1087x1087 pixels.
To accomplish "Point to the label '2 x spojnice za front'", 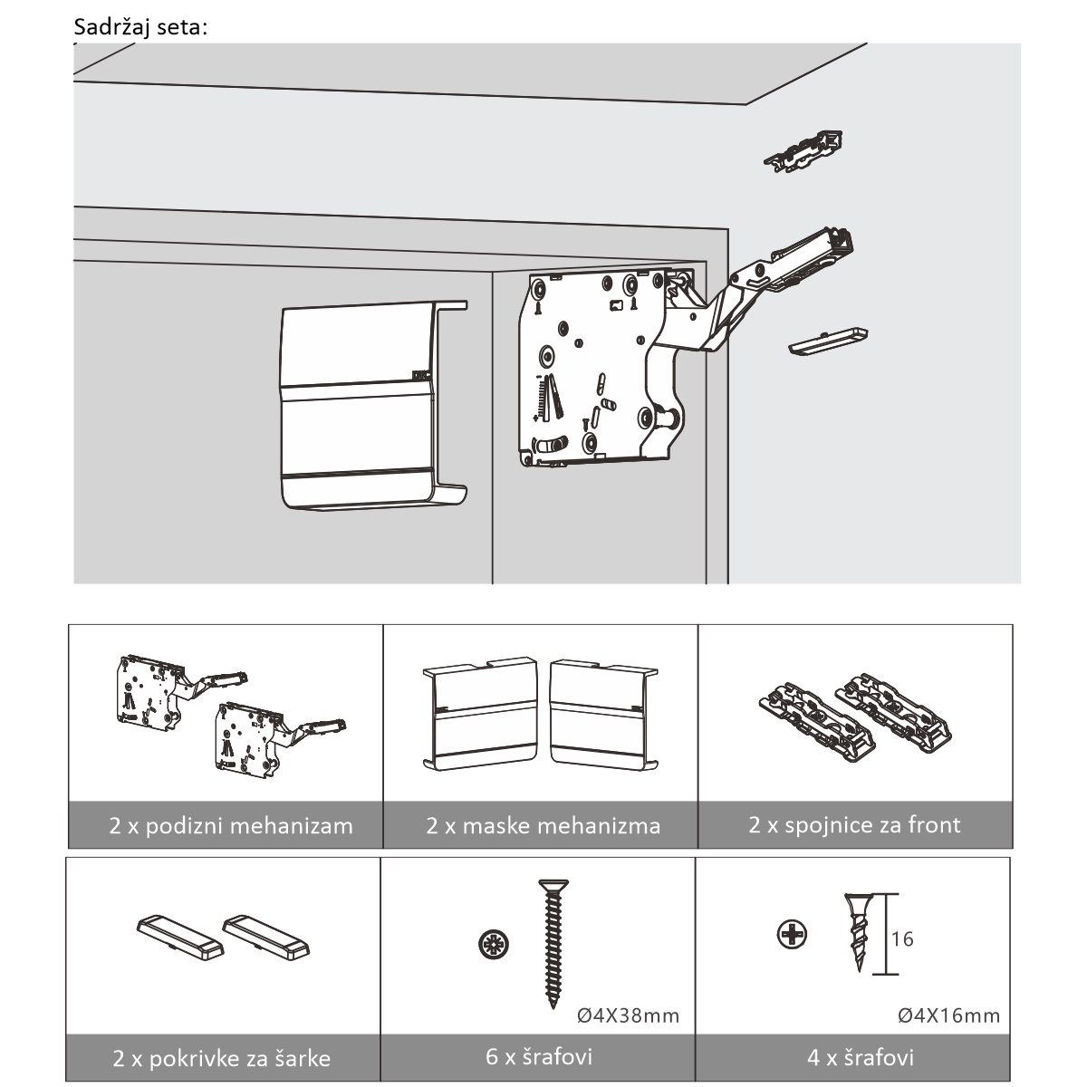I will click(854, 825).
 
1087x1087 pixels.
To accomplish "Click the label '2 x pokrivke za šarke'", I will click(222, 1058).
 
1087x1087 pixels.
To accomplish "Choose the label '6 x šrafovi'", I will click(539, 1056).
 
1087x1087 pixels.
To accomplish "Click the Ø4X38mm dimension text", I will click(628, 1015).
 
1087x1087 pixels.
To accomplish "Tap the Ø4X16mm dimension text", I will click(948, 1015).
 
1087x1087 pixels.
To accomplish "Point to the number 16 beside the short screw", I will click(902, 938).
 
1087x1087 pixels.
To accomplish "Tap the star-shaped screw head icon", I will click(493, 946).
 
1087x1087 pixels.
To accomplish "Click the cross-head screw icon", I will click(793, 934).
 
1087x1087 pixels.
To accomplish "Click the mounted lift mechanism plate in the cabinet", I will click(589, 362).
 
